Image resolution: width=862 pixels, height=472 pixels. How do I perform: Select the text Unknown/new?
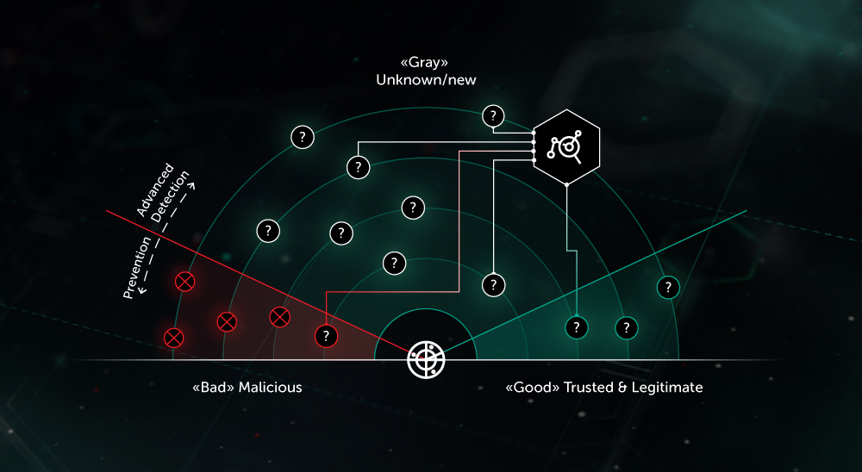coord(426,79)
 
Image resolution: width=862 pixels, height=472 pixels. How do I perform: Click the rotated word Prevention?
coord(138,267)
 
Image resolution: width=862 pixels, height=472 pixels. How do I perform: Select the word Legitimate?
coord(668,388)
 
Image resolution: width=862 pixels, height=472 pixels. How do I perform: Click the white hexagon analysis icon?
coord(566,146)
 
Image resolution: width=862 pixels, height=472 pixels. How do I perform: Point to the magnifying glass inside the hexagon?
coord(570,149)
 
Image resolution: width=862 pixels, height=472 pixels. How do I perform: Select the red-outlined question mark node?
coord(326,335)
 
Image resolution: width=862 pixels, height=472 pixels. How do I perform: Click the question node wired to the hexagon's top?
coord(493,115)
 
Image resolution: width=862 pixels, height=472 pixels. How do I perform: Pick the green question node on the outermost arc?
coord(667,287)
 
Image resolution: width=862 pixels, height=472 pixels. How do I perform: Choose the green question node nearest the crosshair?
coord(576,327)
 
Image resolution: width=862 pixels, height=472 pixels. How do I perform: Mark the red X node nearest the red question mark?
coord(279,317)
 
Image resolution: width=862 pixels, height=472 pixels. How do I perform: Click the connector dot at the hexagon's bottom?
coord(566,184)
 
